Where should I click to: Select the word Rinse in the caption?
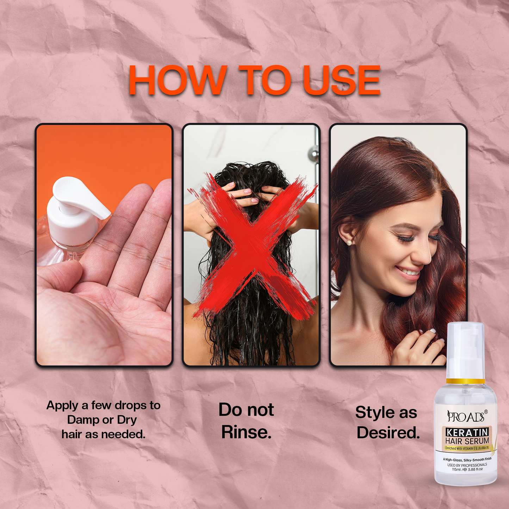(x=246, y=432)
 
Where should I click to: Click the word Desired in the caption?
(x=388, y=433)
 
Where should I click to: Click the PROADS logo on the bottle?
(x=465, y=417)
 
